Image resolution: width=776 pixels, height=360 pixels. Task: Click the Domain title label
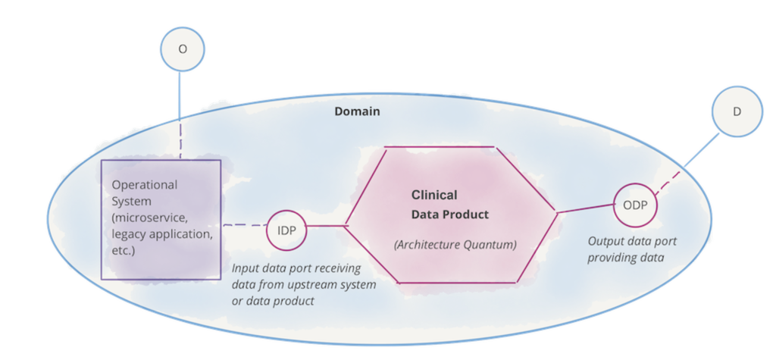[358, 111]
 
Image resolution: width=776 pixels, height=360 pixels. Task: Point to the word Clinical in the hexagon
[434, 195]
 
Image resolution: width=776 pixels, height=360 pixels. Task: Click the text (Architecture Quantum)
[455, 245]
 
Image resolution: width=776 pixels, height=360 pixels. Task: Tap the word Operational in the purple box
[145, 185]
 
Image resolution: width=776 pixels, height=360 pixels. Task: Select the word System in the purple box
[132, 202]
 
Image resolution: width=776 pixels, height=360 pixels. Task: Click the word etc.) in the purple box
[124, 250]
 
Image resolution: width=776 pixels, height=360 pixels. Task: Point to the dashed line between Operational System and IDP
[245, 225]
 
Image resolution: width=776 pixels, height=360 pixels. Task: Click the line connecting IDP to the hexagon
[327, 227]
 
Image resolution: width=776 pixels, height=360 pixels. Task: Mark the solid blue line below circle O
[180, 95]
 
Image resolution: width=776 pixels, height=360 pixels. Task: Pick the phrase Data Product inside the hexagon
[450, 214]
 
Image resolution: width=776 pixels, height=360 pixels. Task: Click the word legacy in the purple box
[128, 234]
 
